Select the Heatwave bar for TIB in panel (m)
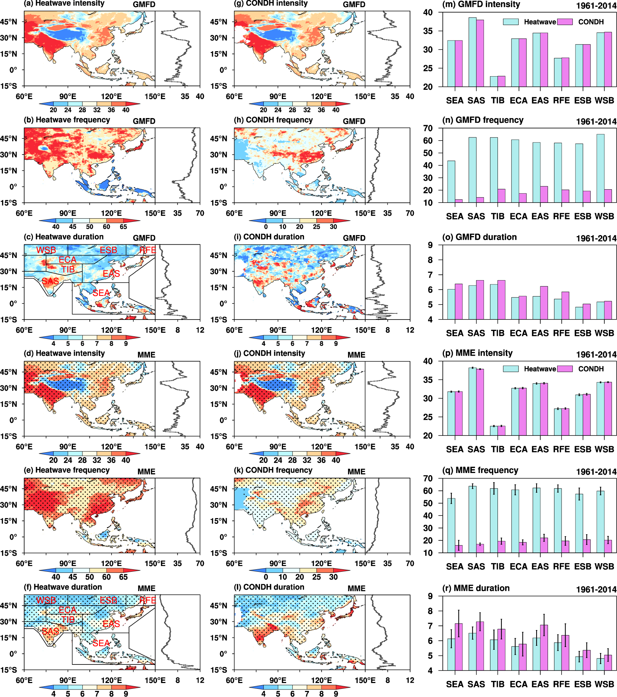(494, 82)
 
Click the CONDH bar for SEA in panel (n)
(459, 201)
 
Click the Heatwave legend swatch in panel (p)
(510, 369)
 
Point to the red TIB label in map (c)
(68, 269)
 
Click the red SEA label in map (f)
(101, 643)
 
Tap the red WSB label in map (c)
(46, 250)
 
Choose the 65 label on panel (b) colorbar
(123, 227)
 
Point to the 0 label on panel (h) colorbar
(266, 227)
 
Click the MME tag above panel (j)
(356, 355)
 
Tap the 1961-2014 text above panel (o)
(596, 238)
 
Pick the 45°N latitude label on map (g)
(219, 22)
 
